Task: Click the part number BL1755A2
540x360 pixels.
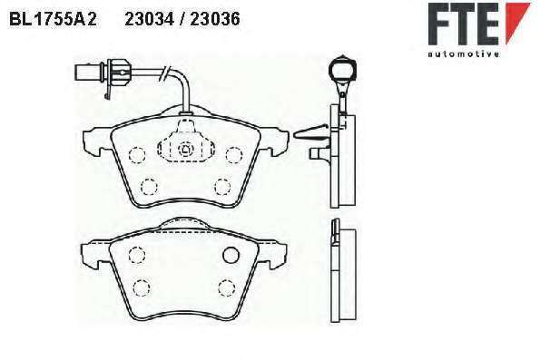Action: (x=53, y=19)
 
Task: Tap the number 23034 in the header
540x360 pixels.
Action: (x=149, y=19)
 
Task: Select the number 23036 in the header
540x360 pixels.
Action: (x=215, y=19)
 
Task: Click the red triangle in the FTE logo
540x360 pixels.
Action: (x=516, y=21)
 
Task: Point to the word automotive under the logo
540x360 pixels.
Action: (x=464, y=54)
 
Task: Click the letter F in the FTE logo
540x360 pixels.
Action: (x=438, y=24)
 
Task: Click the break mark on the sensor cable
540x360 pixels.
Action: (x=164, y=73)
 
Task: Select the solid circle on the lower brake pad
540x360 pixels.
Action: (x=231, y=255)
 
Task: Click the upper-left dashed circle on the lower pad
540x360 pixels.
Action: (x=137, y=255)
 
